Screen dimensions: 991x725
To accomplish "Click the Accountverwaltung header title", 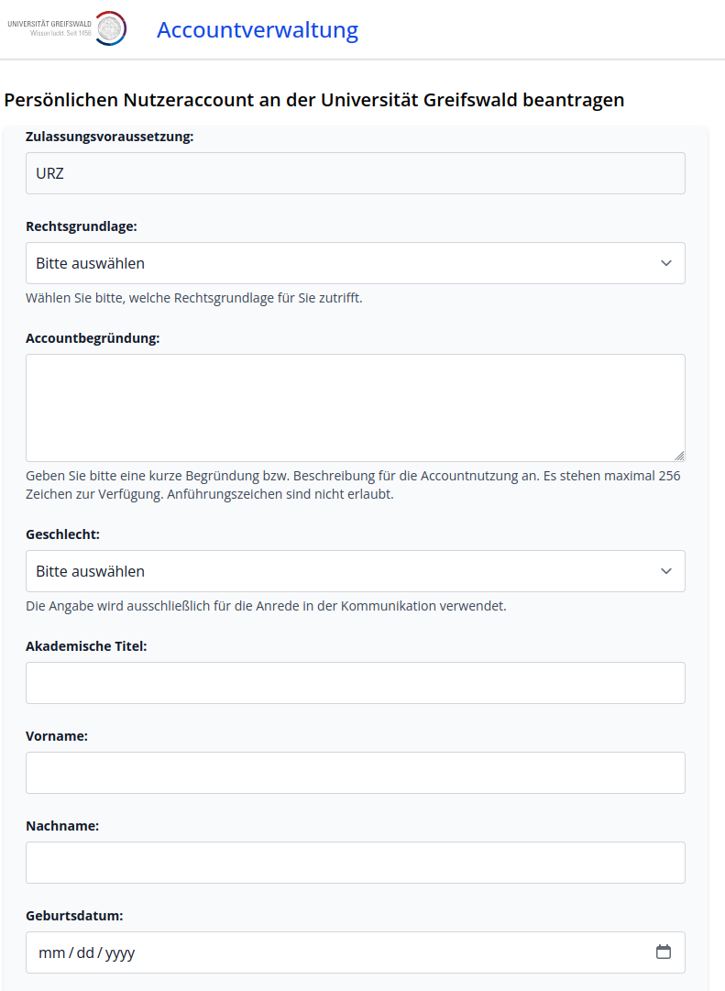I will click(258, 30).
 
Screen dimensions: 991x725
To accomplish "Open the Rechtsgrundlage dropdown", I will click(355, 263).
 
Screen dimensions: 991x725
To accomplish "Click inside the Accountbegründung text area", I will click(355, 407).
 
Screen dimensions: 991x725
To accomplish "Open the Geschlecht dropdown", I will click(355, 571).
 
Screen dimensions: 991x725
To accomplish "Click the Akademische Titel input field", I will click(355, 683).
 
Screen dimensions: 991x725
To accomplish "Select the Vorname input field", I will click(355, 773).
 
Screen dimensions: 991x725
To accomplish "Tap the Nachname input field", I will click(355, 863).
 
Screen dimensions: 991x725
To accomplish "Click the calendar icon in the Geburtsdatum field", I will click(664, 952).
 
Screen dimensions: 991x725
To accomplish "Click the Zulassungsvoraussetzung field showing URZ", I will click(355, 173).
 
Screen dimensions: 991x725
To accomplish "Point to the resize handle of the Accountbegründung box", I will click(679, 456).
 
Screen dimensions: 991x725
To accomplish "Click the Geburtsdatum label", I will click(74, 916).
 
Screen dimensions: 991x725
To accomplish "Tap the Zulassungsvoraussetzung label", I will click(109, 137).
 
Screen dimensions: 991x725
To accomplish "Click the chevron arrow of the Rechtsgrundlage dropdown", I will click(666, 263).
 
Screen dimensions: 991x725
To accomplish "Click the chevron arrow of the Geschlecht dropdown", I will click(666, 571).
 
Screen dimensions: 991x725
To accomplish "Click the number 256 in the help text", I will click(669, 476).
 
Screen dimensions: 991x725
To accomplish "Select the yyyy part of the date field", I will click(120, 952).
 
